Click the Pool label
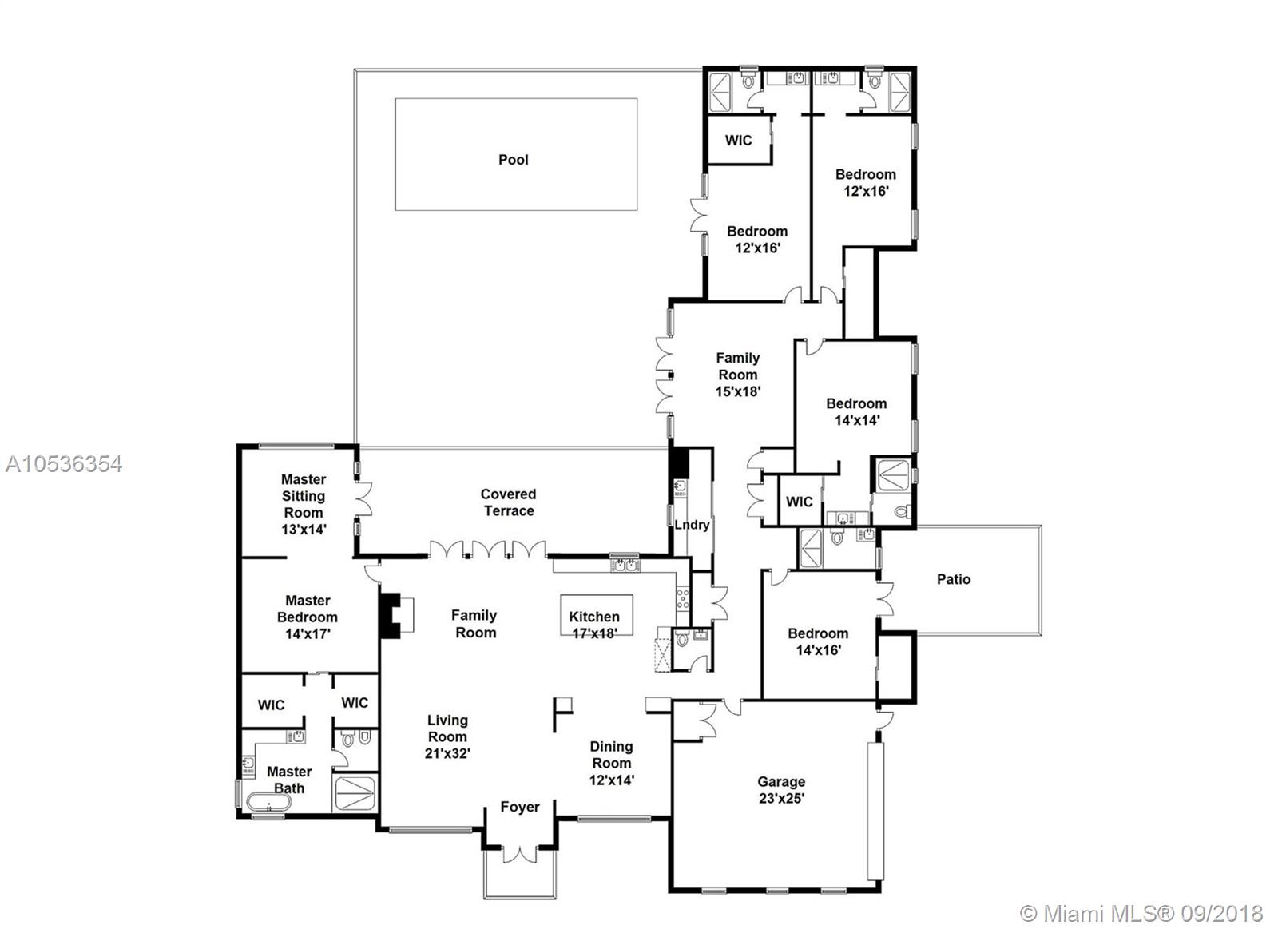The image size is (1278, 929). (514, 160)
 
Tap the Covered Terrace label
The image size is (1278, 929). (508, 502)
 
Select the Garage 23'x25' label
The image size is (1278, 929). (781, 790)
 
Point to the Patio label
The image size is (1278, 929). (954, 579)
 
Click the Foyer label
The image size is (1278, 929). (520, 807)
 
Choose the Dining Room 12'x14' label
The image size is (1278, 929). (612, 763)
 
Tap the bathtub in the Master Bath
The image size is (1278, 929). (268, 801)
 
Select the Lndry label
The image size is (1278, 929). (692, 525)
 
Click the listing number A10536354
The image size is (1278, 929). (64, 465)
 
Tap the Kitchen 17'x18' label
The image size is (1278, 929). (594, 625)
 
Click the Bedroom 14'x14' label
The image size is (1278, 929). (856, 412)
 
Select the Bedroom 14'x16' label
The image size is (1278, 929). (818, 641)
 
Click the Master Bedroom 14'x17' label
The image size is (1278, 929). (308, 617)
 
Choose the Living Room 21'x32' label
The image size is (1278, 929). (447, 736)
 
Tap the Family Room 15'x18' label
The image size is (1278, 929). (738, 375)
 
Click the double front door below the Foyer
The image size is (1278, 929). (520, 854)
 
